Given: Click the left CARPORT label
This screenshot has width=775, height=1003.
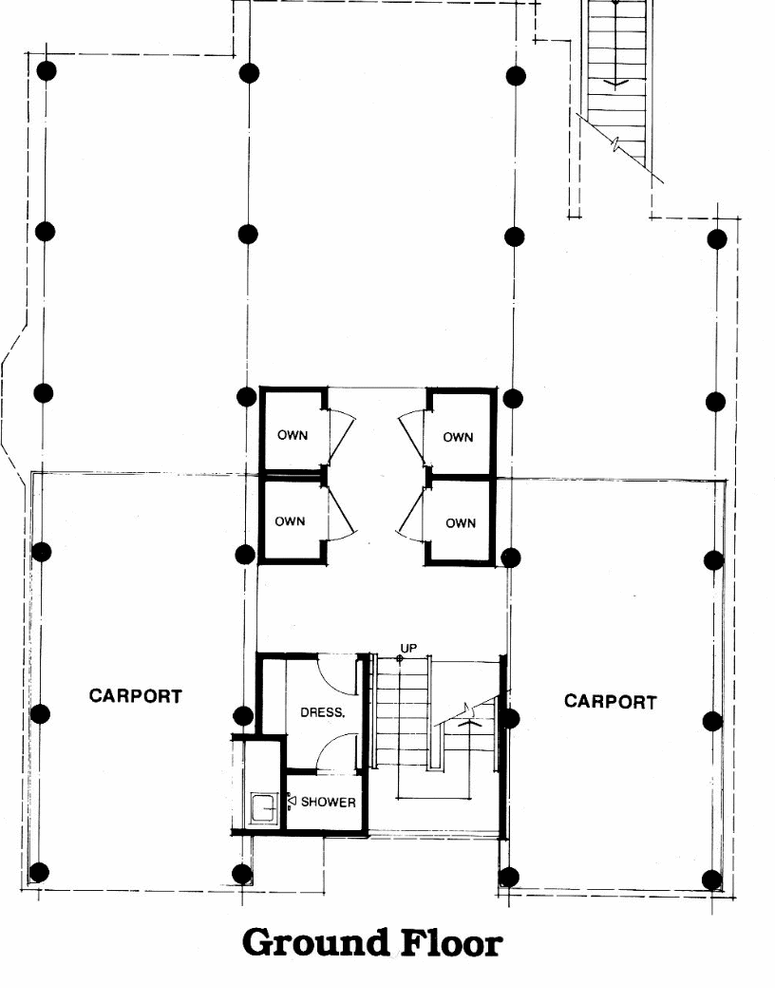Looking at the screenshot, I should coord(135,695).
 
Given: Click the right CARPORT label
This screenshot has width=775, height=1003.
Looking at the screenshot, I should coord(610,702).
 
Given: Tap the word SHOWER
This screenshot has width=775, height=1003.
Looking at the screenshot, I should coord(328,802).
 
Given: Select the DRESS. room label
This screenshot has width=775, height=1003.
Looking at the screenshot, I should coord(322,711).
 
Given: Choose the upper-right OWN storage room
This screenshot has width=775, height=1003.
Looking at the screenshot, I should coord(458,437).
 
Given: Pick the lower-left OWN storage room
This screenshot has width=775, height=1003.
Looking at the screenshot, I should coord(290,521).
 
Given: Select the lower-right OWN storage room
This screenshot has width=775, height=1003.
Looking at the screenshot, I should coord(460,522).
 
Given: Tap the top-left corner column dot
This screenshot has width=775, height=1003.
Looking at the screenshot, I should coord(46,70).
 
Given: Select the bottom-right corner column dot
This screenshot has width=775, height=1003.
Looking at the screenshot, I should coord(711,880).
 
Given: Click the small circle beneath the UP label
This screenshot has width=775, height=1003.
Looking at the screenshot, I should coord(400,658).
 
